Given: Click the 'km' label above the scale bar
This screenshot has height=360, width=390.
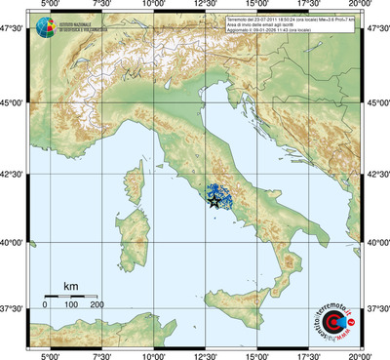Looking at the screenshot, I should (x=70, y=286).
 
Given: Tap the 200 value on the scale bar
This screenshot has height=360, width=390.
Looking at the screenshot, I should (x=97, y=304).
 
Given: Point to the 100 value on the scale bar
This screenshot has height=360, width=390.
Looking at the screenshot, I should (x=71, y=304).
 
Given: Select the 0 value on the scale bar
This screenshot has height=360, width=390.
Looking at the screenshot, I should (x=45, y=304).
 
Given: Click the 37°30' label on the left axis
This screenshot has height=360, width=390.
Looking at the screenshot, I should (x=14, y=308).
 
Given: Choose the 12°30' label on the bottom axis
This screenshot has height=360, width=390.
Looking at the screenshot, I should (x=205, y=354).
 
